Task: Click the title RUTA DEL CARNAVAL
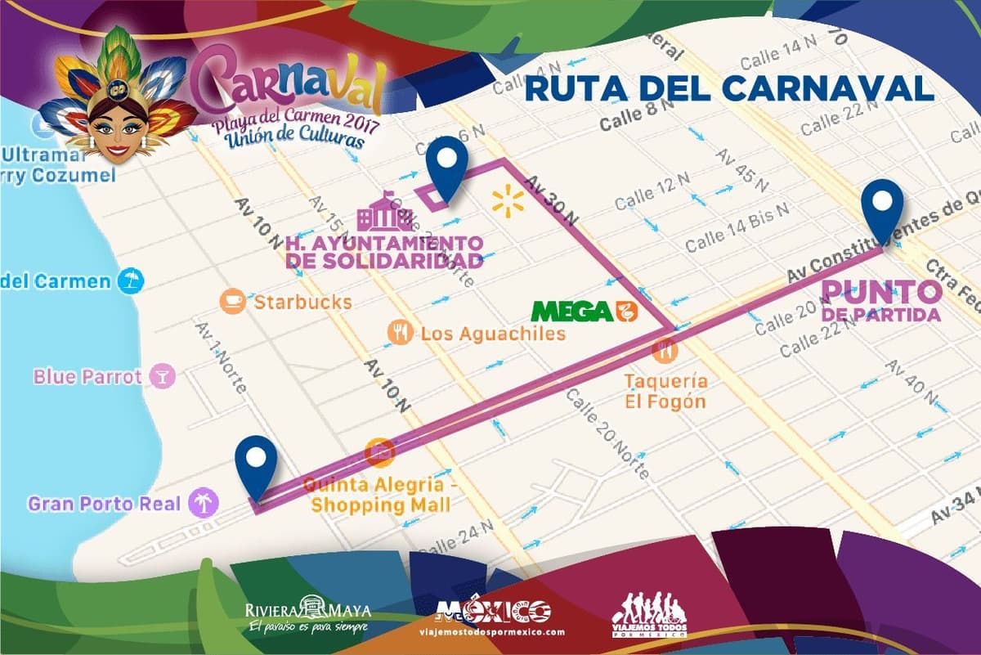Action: point(728,88)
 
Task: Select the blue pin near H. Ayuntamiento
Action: point(446,166)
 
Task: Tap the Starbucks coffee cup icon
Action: point(233,302)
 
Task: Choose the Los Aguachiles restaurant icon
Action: point(399,332)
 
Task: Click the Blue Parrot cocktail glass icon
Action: point(162,376)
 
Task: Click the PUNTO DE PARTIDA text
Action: point(881,301)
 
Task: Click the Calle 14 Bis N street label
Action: point(737,228)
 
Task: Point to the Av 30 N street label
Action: point(552,201)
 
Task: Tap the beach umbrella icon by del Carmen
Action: point(129,281)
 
